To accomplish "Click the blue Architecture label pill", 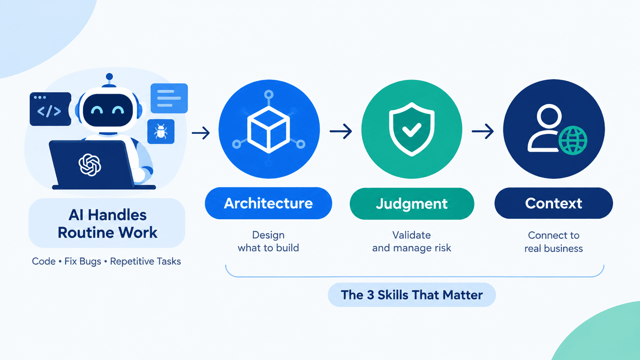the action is coord(268,203).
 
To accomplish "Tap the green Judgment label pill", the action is coord(412,204).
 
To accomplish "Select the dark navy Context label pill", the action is coord(553,203).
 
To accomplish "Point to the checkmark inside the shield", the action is coord(412,130).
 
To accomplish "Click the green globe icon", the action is coord(573,141).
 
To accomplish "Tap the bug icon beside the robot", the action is coord(161,132).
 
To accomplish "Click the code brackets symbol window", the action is coord(50,109).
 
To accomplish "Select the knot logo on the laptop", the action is coord(90,165).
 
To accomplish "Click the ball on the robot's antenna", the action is coord(109,77).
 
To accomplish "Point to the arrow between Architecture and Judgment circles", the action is coord(341,131).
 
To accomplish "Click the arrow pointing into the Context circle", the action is coord(483,131).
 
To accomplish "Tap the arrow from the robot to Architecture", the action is coord(201,133).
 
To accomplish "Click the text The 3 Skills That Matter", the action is coord(412,295).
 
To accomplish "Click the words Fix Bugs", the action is coord(83,262).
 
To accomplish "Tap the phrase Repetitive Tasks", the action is coord(145,261).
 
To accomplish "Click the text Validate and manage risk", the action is coord(412,241).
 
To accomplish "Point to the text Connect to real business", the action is coord(553,242).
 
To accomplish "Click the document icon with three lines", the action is coord(169,98).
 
